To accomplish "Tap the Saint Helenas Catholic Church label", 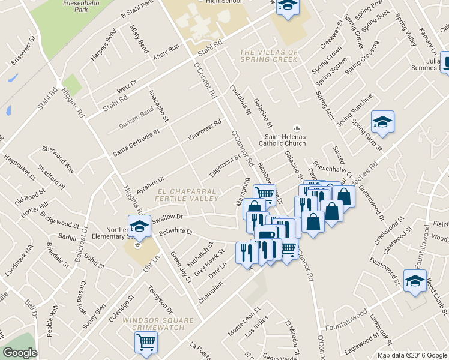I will coord(282,140).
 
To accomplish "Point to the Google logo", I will coord(20,353).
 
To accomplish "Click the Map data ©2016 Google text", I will coord(412,355).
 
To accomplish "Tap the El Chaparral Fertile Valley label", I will coord(187,194).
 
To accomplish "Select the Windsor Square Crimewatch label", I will coord(152,325).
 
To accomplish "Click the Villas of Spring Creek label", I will coord(268,55).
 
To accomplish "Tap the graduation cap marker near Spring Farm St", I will coord(382,123).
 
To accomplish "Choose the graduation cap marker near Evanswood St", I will coord(415,281).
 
